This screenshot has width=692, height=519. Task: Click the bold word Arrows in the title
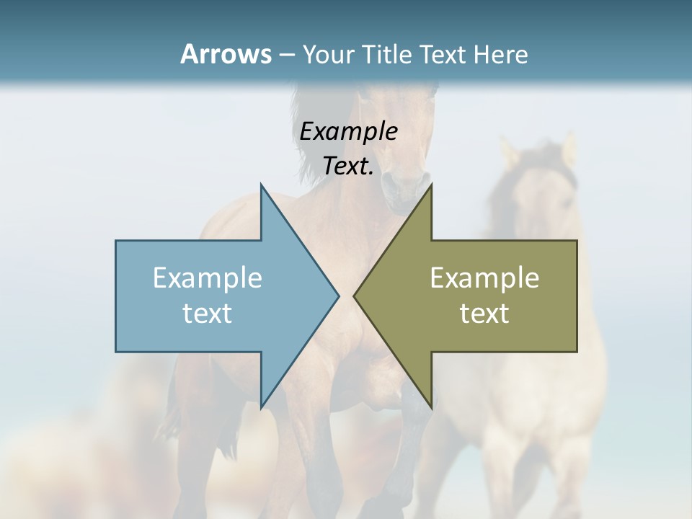(225, 54)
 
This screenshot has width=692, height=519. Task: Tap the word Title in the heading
(389, 54)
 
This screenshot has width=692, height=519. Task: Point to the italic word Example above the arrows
(348, 131)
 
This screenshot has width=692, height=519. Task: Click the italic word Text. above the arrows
(348, 167)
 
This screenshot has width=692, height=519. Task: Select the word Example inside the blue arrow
(208, 278)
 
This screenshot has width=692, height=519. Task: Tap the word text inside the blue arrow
(208, 314)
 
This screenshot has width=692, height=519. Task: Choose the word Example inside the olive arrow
(484, 278)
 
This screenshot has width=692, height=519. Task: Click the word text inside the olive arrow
(484, 314)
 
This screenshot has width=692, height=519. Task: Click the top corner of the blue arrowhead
(261, 185)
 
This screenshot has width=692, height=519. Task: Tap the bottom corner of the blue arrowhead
(261, 407)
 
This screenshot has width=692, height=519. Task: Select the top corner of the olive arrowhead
(431, 185)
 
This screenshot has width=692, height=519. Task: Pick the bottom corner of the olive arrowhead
(431, 407)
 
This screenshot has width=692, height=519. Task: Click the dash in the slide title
(285, 55)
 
